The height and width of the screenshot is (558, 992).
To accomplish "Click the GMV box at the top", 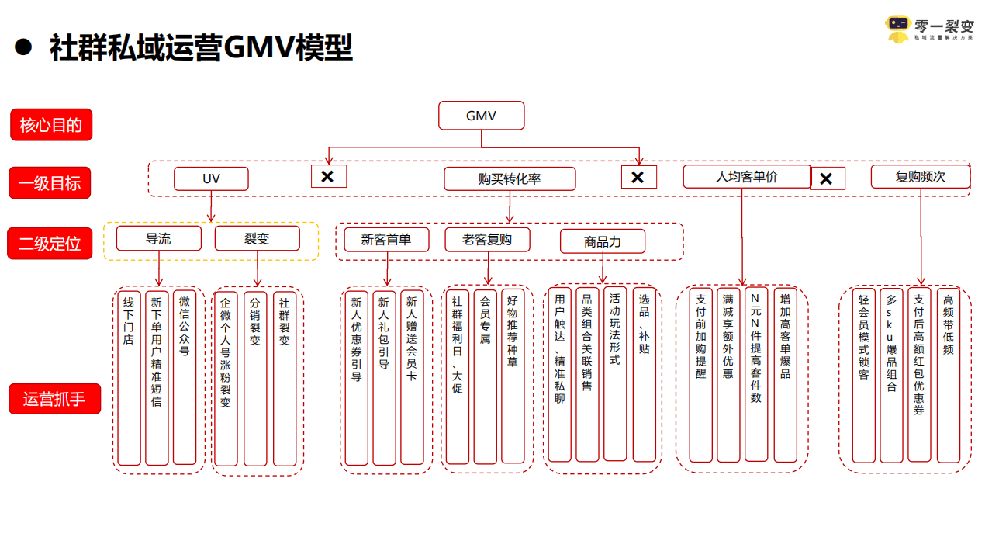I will (481, 116).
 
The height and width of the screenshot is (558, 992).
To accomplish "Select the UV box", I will (211, 179).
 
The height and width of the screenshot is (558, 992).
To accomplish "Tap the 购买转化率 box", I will (510, 179).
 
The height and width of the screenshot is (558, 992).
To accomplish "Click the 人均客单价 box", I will (746, 177).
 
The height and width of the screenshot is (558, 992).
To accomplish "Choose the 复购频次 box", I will (920, 177).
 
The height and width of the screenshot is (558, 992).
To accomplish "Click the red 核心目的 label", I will (51, 125).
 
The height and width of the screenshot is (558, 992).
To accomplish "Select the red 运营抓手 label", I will (55, 399).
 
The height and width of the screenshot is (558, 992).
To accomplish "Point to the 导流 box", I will (158, 239).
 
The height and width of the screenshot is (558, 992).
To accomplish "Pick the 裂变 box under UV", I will (257, 239).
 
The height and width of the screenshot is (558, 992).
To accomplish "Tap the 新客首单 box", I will (386, 240).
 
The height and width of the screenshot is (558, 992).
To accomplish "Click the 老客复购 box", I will (487, 240).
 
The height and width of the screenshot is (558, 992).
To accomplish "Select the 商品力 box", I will (602, 242).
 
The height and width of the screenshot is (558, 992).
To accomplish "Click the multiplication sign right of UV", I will (328, 177).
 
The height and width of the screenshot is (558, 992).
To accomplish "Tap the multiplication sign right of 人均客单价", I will (827, 178).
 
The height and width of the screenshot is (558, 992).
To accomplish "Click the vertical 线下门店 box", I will (129, 378).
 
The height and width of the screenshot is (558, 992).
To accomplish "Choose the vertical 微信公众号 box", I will (185, 378).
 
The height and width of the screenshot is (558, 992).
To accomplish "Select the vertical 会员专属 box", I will (485, 378).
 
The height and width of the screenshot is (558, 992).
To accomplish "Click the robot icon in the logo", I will (898, 28).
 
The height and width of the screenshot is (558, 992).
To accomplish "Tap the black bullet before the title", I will (23, 47).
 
